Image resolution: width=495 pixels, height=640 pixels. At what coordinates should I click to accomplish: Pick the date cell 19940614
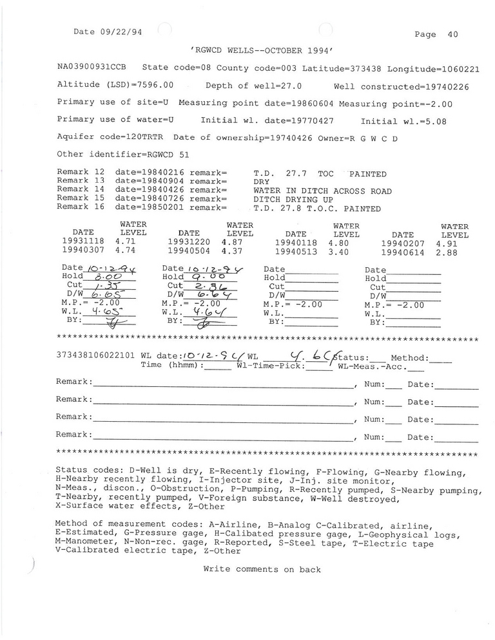click(x=403, y=252)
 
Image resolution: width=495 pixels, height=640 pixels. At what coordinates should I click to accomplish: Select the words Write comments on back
click(x=262, y=569)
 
